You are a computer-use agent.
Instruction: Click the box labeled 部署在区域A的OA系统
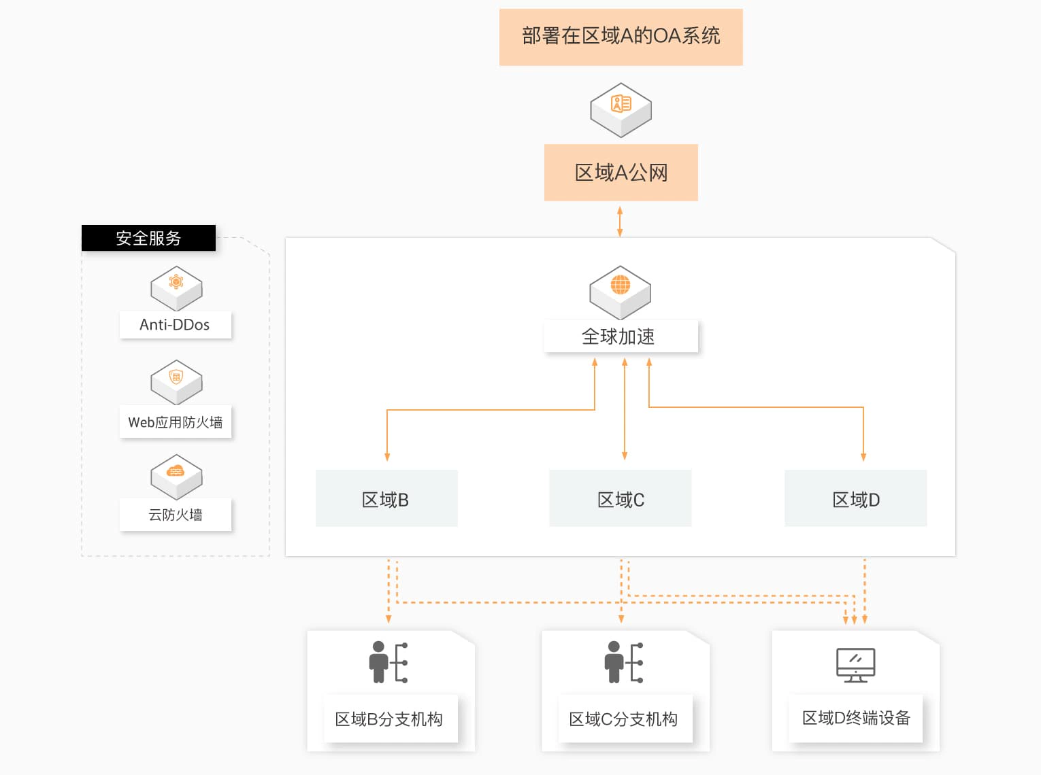point(621,37)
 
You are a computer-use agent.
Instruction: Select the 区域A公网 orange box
point(621,173)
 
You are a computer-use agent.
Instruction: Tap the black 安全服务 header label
point(148,238)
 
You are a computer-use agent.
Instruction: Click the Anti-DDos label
point(175,325)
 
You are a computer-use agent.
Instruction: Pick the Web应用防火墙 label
point(175,421)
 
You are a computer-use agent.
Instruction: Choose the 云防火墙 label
point(175,515)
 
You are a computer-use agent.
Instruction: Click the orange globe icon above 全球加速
point(620,285)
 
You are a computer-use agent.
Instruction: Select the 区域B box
point(386,498)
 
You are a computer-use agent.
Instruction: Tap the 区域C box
point(620,498)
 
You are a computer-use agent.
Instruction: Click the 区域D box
point(855,498)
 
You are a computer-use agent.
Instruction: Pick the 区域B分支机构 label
point(390,719)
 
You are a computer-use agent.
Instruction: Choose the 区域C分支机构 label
point(625,719)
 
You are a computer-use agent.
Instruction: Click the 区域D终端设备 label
point(855,718)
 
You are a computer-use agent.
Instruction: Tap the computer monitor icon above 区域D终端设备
point(855,666)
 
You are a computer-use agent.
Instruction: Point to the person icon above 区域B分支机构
point(388,662)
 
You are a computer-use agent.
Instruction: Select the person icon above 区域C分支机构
point(623,662)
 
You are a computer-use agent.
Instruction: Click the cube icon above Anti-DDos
point(176,288)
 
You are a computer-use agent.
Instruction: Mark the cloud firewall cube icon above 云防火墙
point(176,477)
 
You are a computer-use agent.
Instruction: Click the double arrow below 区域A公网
point(620,222)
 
